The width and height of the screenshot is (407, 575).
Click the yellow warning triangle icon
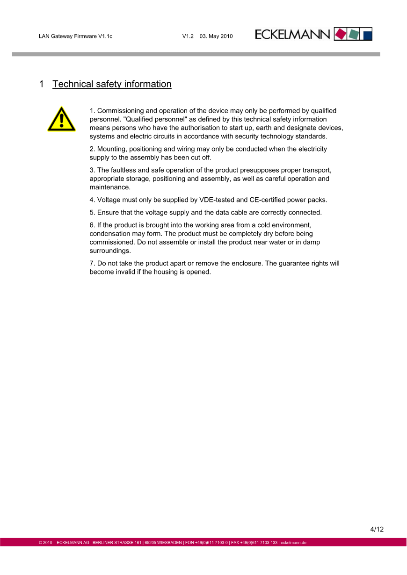(61, 120)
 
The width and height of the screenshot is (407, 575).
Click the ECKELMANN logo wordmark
(292, 35)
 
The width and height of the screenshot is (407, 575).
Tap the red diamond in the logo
(341, 34)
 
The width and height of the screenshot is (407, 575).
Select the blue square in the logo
(367, 34)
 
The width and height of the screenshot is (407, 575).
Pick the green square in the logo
(354, 34)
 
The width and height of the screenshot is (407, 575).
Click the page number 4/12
(377, 530)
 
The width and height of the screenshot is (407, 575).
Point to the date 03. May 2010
(216, 36)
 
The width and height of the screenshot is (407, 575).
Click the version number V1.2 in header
(188, 36)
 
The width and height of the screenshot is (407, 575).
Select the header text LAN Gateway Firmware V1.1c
(76, 36)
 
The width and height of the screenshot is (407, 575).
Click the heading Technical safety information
(112, 84)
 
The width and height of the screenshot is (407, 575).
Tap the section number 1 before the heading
(42, 84)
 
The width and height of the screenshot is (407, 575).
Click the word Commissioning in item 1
(121, 111)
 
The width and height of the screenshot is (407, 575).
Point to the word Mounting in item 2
(111, 149)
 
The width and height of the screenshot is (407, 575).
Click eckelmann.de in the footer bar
(293, 543)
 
